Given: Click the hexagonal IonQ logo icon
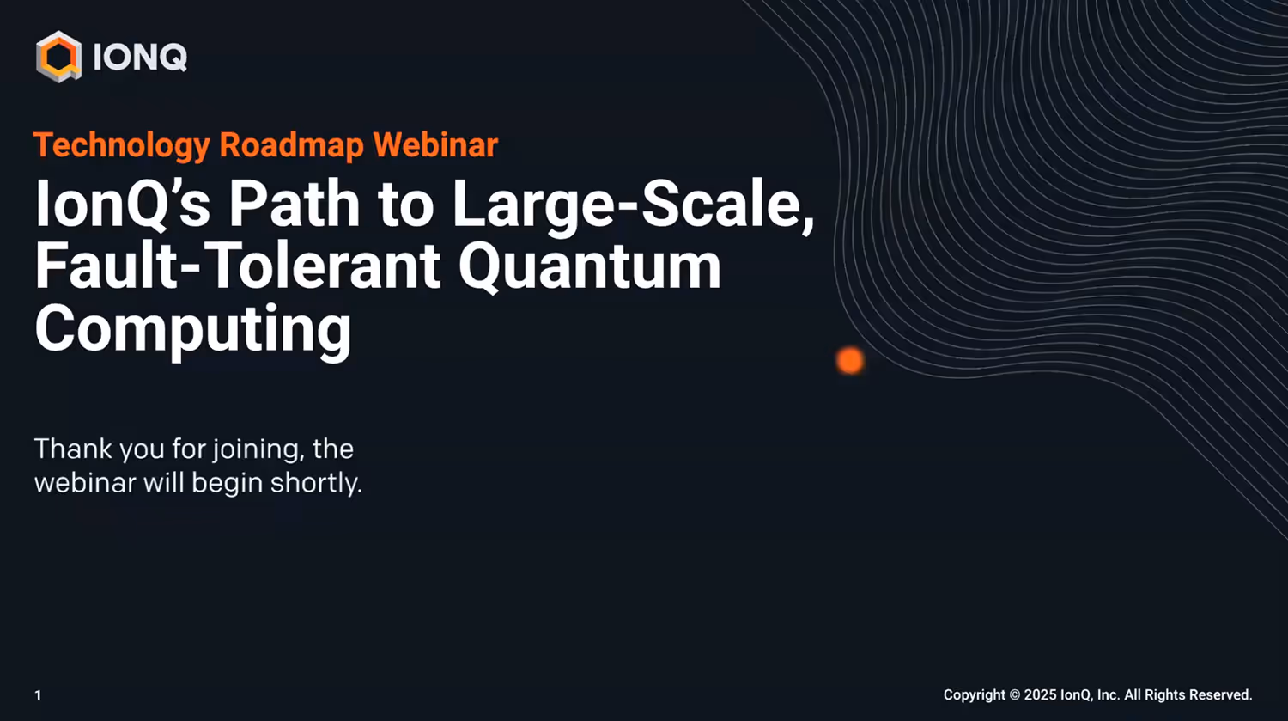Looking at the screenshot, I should tap(58, 57).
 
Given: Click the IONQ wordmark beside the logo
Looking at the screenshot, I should tap(139, 58).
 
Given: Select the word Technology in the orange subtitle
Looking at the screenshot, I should tap(121, 145).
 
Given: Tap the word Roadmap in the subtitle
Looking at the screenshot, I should tap(291, 145).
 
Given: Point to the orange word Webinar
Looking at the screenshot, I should tap(435, 145).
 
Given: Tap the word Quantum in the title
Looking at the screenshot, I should tap(590, 266).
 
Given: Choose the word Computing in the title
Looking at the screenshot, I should tap(193, 330).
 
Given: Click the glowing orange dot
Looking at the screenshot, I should tap(850, 361).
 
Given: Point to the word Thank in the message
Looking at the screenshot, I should tap(73, 449).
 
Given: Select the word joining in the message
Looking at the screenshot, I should tap(257, 450).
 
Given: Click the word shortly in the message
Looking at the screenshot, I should tap(315, 483).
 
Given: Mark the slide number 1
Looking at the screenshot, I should tap(38, 695).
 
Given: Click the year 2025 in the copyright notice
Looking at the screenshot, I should tap(1040, 694).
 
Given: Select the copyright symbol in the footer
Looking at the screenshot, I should tap(1014, 694).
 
